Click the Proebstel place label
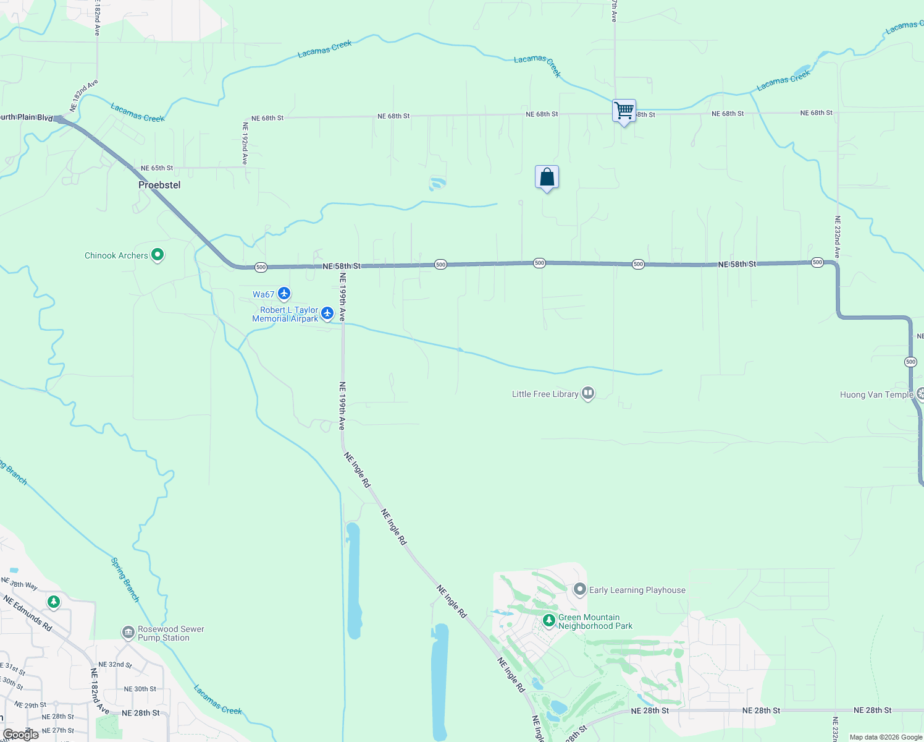point(159,185)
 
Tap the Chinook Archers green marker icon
point(157,254)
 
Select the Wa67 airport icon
point(284,294)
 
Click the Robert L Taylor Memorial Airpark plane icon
point(327,313)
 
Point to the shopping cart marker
point(624,111)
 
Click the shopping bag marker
point(547,177)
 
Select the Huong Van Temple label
point(876,394)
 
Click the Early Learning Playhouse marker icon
point(579,589)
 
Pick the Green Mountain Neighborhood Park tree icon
point(548,620)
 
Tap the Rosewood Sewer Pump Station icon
point(128,632)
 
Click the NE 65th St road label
point(157,168)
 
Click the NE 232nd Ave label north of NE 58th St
point(838,237)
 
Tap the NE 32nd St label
point(115,665)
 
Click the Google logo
point(20,734)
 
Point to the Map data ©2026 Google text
point(886,737)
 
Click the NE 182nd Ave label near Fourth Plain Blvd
point(83,95)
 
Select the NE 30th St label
point(140,689)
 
